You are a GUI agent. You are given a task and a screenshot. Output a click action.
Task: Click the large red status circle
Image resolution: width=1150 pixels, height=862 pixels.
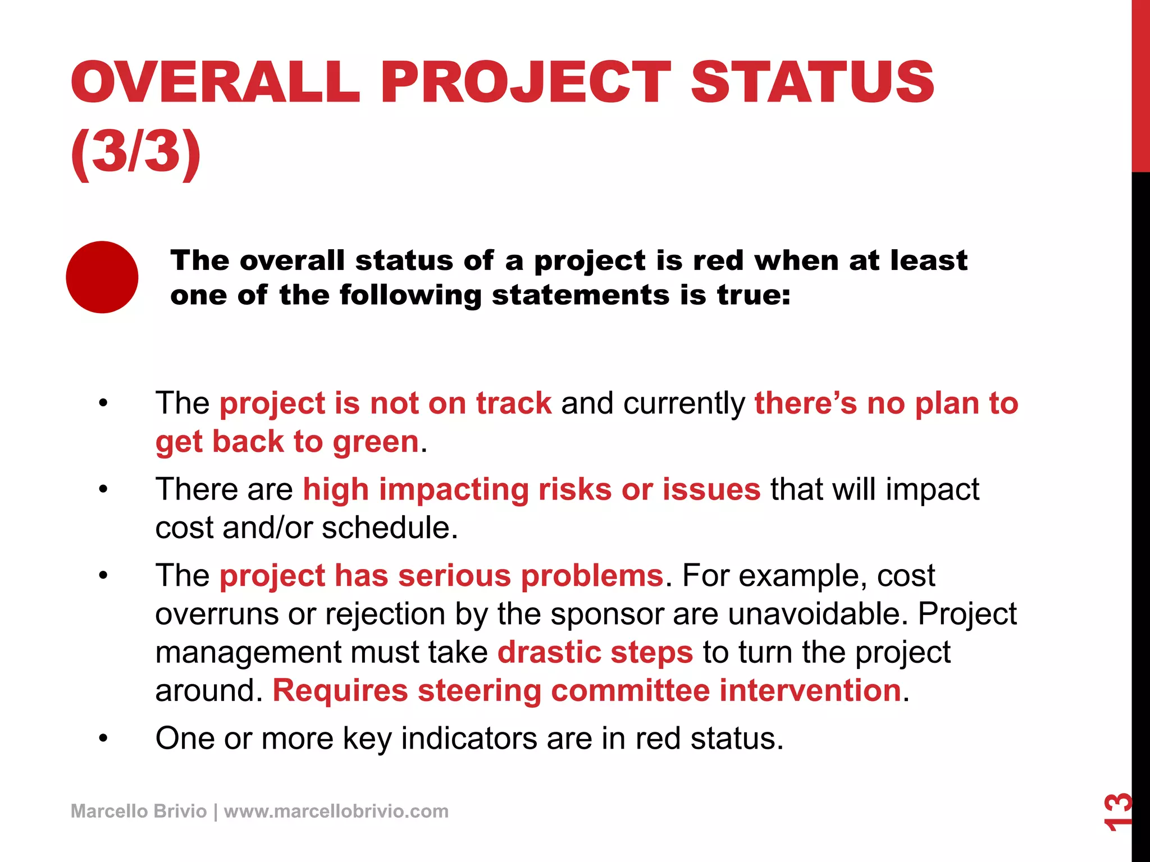pos(102,277)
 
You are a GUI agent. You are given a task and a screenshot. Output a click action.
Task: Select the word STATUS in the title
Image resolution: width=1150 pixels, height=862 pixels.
pos(812,83)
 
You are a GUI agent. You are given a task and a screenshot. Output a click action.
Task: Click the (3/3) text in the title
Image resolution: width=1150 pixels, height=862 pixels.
pos(136,152)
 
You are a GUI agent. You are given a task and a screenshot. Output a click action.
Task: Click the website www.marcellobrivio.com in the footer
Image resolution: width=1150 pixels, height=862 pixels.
pos(336,811)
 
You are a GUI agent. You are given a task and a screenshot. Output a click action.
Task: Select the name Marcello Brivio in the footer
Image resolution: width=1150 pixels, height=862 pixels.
pos(139,811)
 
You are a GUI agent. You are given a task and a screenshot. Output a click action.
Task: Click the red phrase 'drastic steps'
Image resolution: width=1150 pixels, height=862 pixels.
pos(595,652)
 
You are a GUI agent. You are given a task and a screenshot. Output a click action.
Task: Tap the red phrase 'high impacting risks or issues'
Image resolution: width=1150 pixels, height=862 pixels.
pos(532,489)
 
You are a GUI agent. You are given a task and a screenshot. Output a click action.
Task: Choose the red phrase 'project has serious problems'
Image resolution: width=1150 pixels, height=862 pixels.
pos(441,576)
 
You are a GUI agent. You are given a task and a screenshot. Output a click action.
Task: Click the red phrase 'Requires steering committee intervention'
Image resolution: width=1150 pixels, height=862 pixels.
pos(587,690)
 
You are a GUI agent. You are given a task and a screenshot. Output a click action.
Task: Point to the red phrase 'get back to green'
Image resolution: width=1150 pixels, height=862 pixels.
pos(287,442)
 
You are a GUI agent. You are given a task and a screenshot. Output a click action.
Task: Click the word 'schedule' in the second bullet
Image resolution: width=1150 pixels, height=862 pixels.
pos(389,528)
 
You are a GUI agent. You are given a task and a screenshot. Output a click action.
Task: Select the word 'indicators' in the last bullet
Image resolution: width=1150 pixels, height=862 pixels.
pos(469,739)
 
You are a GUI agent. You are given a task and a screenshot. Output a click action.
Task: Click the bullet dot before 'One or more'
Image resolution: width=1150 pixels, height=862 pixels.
pos(103,739)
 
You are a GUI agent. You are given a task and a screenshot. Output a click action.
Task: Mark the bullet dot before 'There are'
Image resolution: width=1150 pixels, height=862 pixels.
pos(103,489)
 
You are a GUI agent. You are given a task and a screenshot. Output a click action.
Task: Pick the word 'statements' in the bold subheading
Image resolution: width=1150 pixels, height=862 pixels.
pos(581,295)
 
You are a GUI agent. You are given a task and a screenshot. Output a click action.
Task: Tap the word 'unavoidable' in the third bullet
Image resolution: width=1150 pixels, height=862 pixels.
pos(818,614)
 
